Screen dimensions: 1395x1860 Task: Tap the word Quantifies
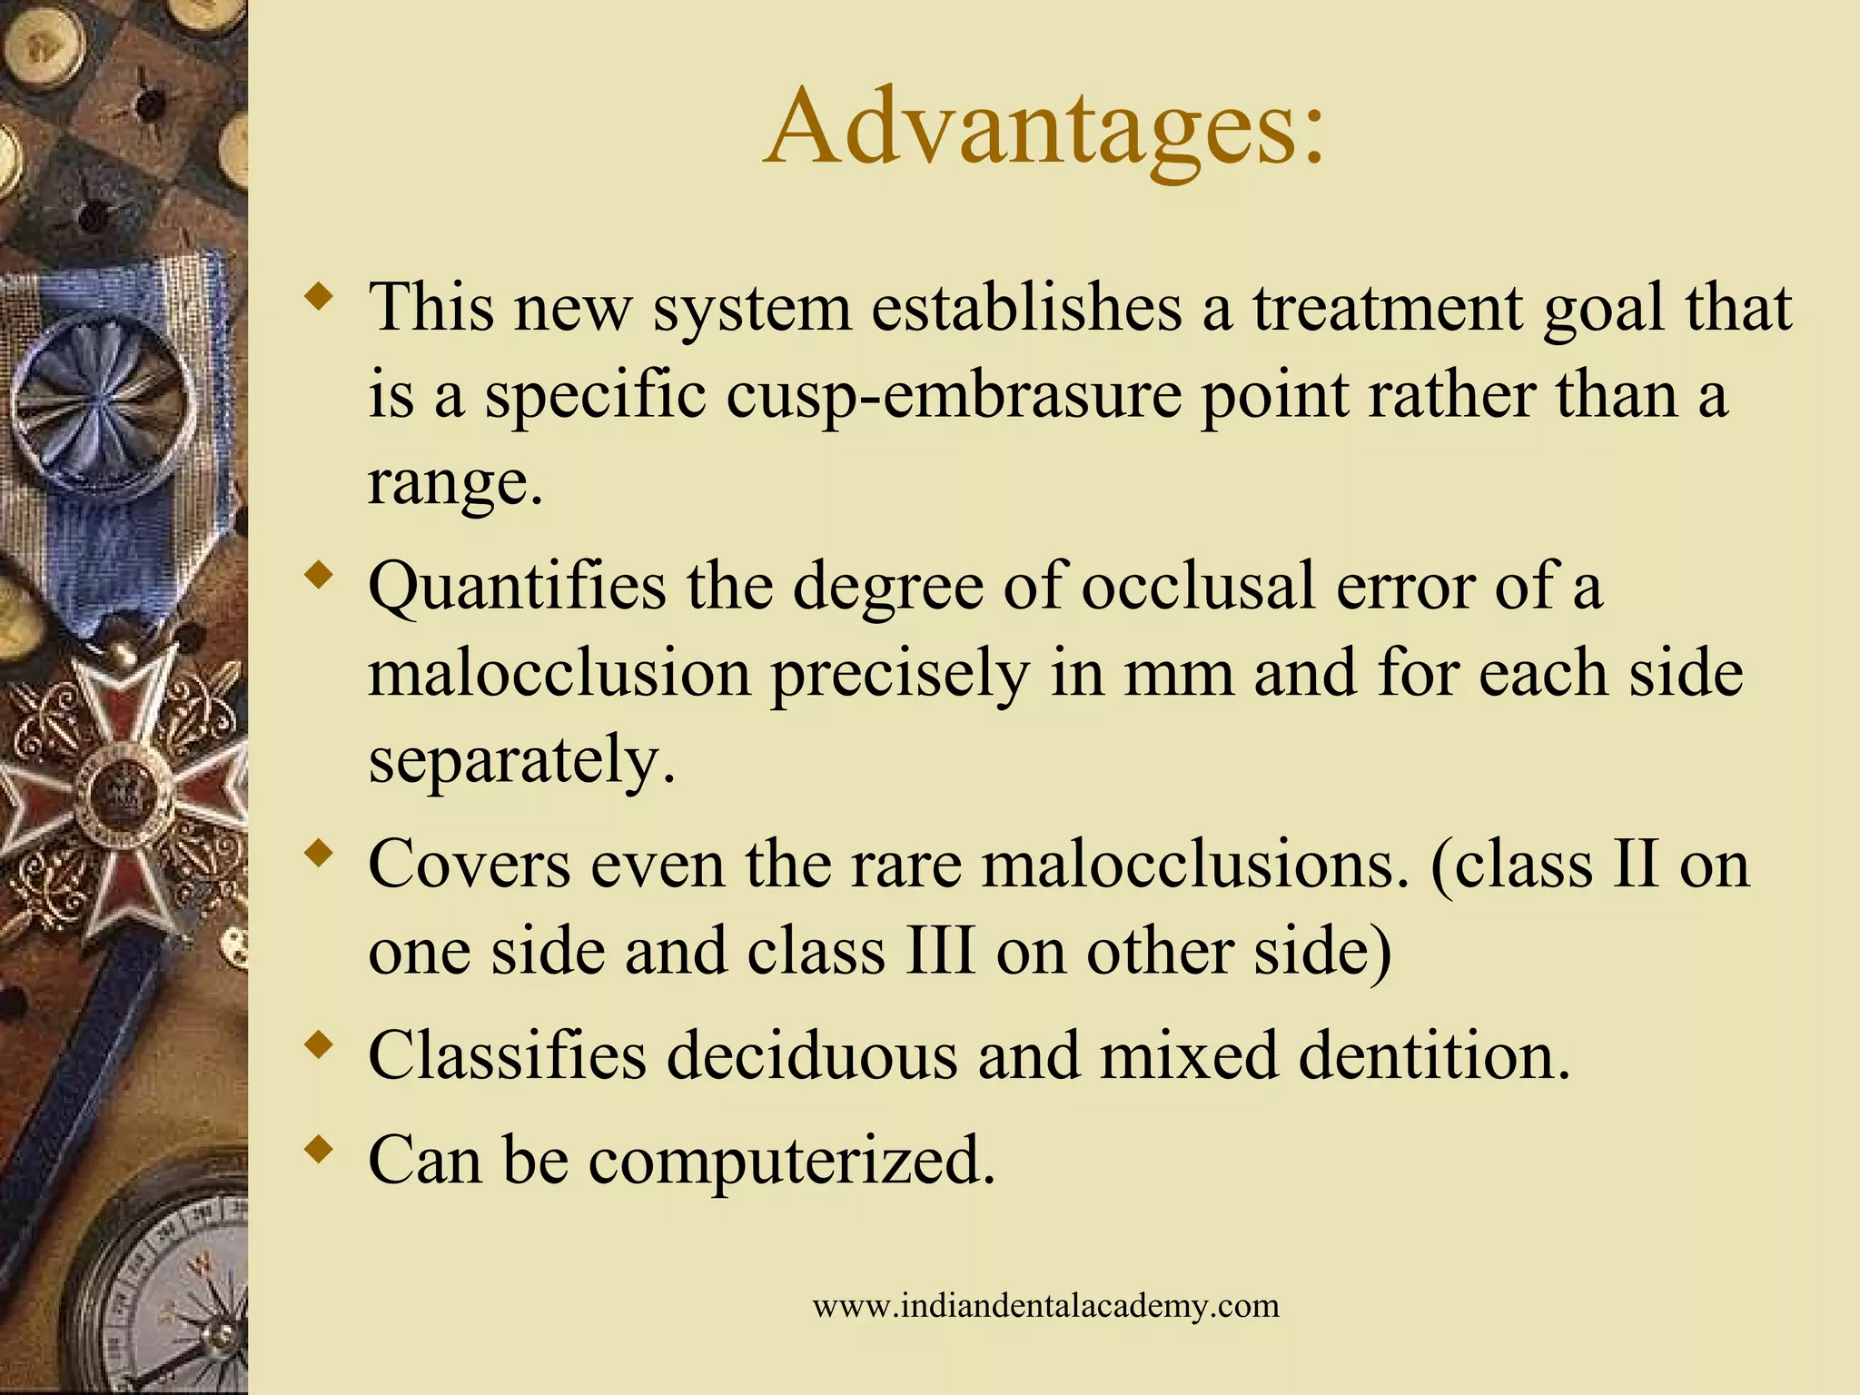(517, 587)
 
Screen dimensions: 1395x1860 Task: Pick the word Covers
(469, 864)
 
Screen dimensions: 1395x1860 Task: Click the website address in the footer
(1045, 1306)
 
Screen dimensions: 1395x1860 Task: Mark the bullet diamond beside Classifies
(318, 1045)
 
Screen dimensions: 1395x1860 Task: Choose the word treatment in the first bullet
(1389, 309)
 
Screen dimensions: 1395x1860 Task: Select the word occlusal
(1198, 587)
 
